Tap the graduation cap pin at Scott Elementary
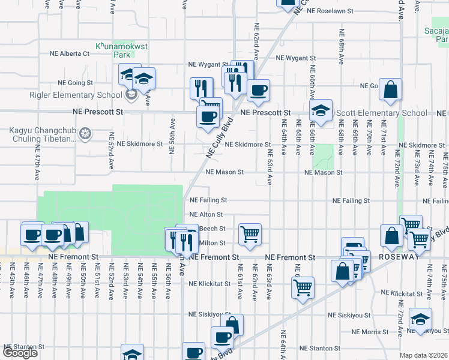click(321, 110)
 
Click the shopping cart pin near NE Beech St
click(250, 234)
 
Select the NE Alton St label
click(206, 214)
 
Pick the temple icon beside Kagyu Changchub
click(85, 133)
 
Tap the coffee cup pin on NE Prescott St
click(208, 116)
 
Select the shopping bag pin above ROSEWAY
click(391, 236)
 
